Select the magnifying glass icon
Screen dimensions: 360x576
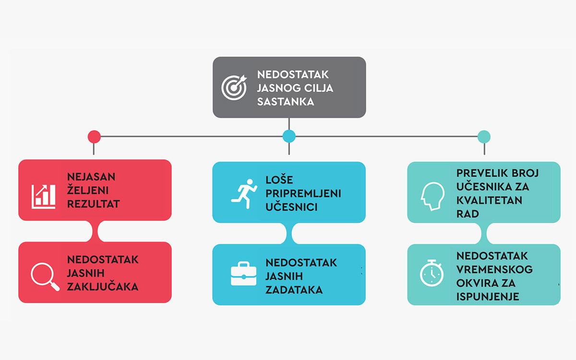tap(44, 276)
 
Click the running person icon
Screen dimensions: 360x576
tap(242, 192)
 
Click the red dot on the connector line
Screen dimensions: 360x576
tap(95, 136)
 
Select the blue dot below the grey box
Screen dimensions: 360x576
tap(289, 136)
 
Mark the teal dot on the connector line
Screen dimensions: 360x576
tap(484, 136)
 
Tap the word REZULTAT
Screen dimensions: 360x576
tap(94, 204)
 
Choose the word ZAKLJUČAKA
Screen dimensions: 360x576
tap(103, 287)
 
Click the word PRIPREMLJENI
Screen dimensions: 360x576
tap(303, 193)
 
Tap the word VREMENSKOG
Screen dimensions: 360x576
tap(494, 269)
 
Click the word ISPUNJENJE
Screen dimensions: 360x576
tap(488, 297)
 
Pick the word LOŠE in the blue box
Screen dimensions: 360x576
tap(279, 180)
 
